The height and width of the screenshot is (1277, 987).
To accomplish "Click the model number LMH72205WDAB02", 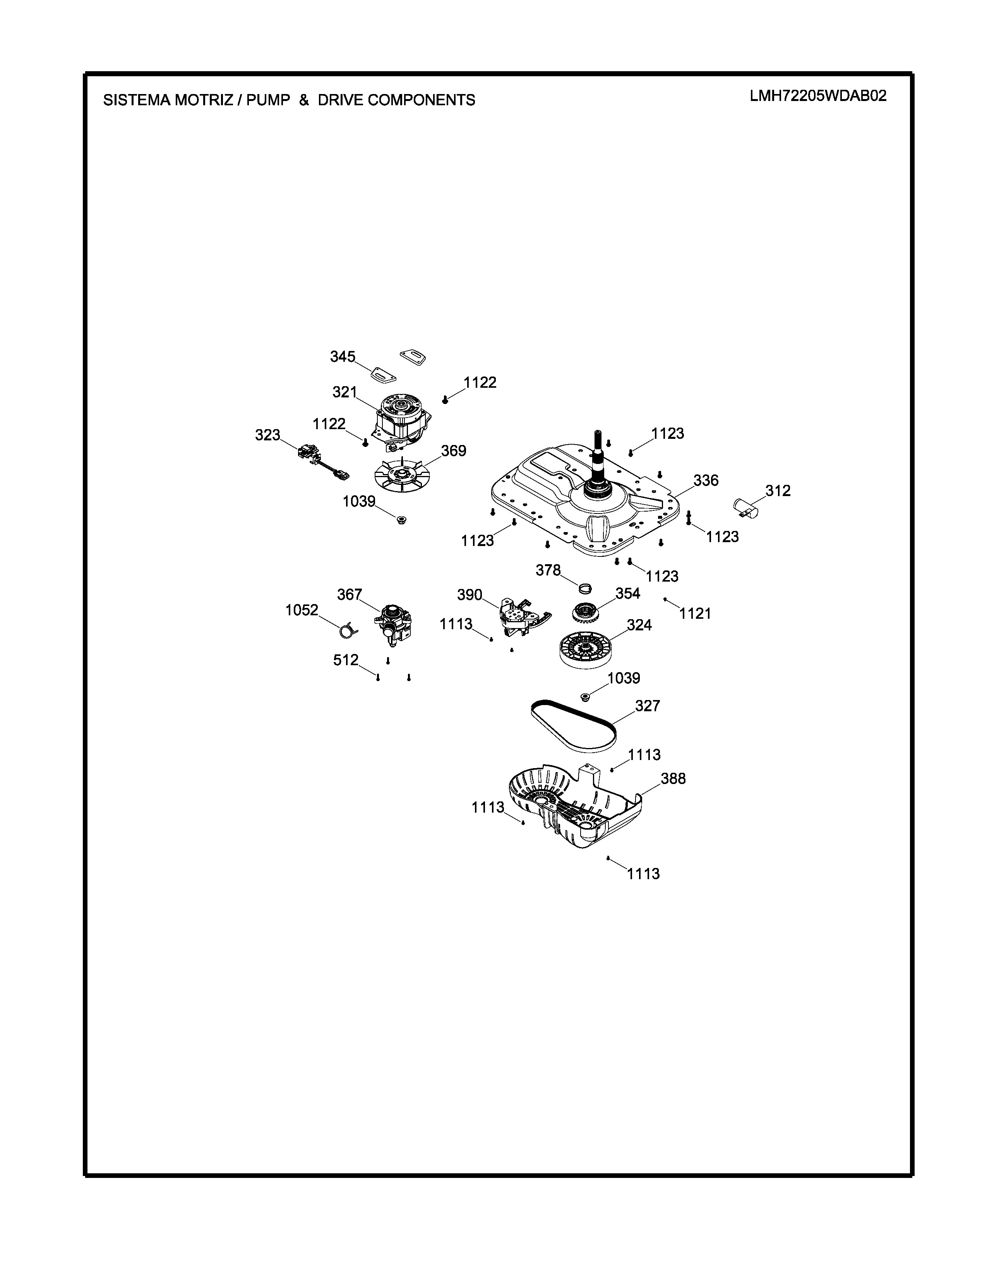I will tap(818, 96).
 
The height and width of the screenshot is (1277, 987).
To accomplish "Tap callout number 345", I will tap(343, 357).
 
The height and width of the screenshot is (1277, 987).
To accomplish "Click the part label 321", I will tap(344, 392).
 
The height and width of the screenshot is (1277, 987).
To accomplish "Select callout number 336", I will tap(706, 481).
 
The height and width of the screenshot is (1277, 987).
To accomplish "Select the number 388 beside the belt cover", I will tap(673, 779).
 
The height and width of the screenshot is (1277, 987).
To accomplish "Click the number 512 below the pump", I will tap(346, 660).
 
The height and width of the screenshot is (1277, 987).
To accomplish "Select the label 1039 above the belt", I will tap(624, 678).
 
